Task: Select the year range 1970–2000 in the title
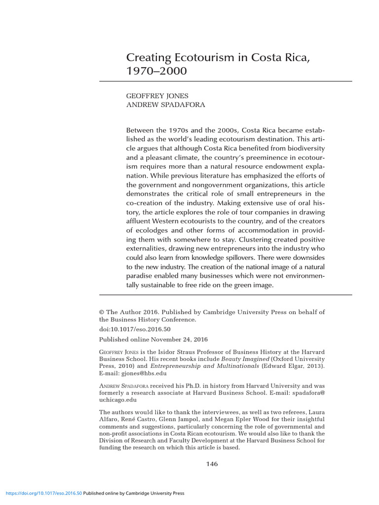(x=157, y=71)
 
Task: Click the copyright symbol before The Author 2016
(x=102, y=312)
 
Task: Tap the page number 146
(x=212, y=464)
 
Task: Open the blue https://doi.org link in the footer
(x=43, y=493)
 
